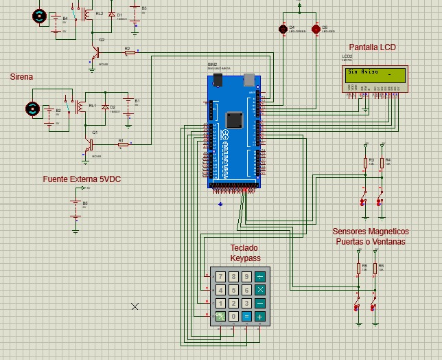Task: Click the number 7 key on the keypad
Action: coord(220,278)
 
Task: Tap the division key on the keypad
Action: coord(260,278)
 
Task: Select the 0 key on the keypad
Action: coord(233,317)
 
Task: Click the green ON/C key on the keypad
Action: coord(220,317)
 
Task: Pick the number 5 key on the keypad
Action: coord(233,291)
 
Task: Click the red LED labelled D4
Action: coord(282,29)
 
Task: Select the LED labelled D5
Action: coord(316,29)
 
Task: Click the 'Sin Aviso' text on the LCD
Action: coord(362,71)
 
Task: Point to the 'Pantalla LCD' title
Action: coord(372,47)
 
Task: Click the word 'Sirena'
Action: coord(21,77)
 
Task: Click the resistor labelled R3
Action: coord(365,162)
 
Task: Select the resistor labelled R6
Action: coord(375,269)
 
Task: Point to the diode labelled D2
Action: coord(105,108)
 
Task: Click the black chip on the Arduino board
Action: coord(234,120)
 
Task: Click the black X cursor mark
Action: coord(135,306)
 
